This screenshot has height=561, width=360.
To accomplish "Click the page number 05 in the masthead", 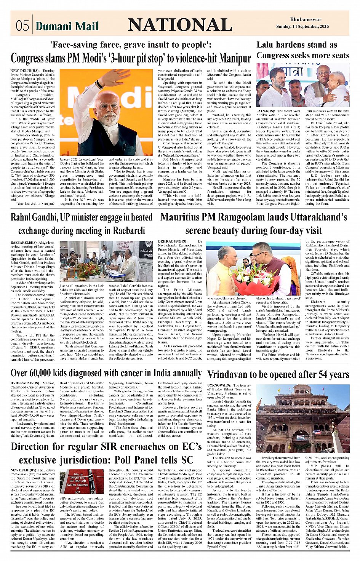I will [x=22, y=26].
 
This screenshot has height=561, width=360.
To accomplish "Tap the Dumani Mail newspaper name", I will [x=67, y=26].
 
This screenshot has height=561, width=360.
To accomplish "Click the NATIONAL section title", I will [x=180, y=25].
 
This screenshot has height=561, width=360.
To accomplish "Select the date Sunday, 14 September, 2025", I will [x=302, y=27].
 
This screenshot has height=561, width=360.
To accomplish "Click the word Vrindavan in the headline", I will [x=232, y=374].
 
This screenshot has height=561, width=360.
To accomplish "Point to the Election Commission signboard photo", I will [x=82, y=481].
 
